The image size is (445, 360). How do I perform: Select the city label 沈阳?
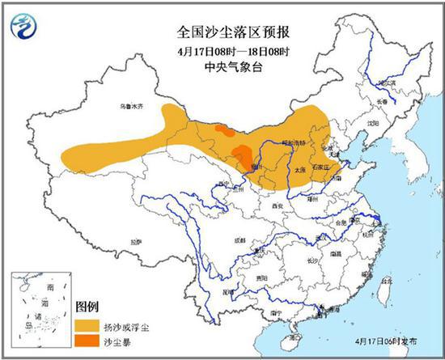[371, 123]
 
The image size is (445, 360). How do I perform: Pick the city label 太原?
[299, 171]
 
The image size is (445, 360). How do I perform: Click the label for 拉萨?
[135, 240]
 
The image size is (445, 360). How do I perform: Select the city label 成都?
[239, 240]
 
